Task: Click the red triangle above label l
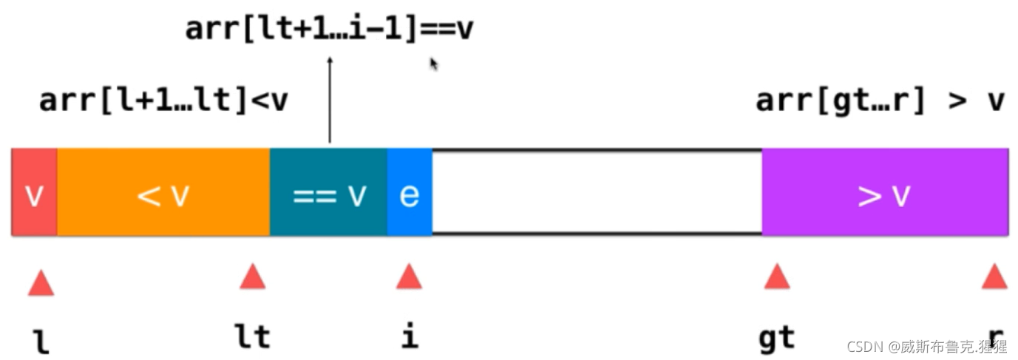[x=41, y=282]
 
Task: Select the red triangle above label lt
[x=252, y=277]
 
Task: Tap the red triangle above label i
[x=409, y=277]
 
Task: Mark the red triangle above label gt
[x=776, y=277]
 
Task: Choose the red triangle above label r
[x=994, y=277]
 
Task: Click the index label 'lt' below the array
[x=252, y=337]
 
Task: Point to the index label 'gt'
[x=776, y=339]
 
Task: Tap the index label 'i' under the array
[x=409, y=336]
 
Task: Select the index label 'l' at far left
[x=41, y=342]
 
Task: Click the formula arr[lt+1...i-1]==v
[x=329, y=30]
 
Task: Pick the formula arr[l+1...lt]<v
[x=163, y=101]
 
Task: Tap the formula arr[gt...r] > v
[x=880, y=101]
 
